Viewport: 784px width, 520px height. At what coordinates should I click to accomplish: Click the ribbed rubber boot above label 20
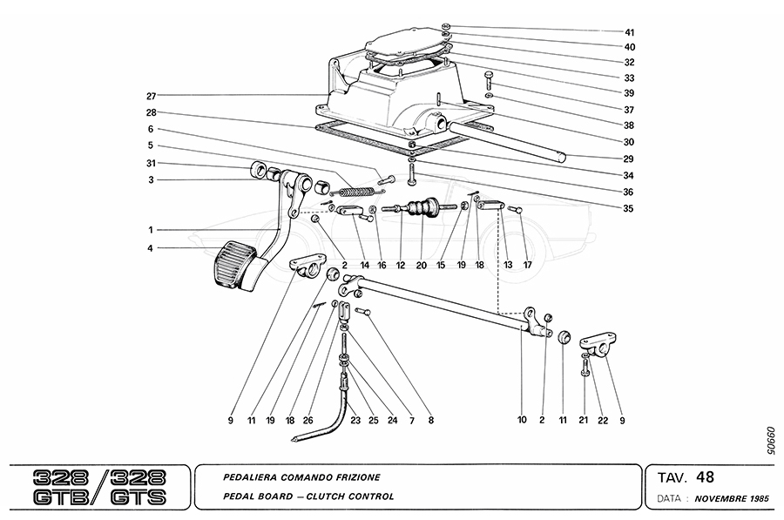point(422,210)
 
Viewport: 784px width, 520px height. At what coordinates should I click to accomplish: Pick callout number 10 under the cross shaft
point(522,420)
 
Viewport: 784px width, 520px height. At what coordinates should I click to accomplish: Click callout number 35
point(629,208)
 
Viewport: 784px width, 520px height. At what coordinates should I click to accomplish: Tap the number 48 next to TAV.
point(706,477)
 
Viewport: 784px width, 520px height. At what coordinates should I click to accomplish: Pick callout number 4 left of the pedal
point(151,249)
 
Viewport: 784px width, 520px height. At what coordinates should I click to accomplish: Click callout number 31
point(151,165)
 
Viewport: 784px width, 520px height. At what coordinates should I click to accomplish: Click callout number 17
point(527,264)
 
